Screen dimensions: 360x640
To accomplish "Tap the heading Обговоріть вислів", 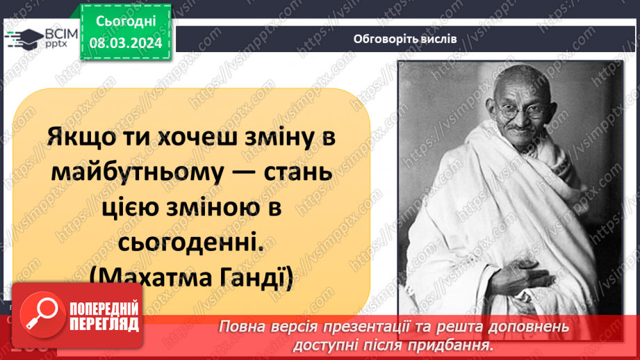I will pos(404,38).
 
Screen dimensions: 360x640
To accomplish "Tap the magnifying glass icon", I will pos(40,316).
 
